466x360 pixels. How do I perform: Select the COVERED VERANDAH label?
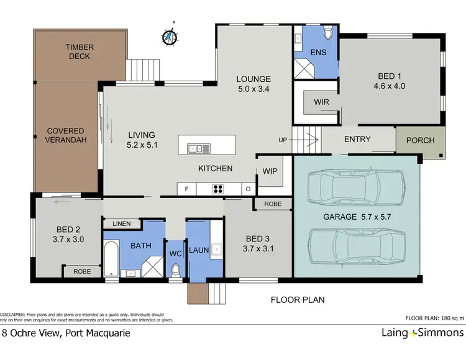pyautogui.click(x=65, y=135)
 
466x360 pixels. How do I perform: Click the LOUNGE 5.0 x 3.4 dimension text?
pyautogui.click(x=253, y=84)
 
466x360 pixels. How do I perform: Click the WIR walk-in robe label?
pyautogui.click(x=321, y=101)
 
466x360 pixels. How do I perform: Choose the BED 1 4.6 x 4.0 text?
pyautogui.click(x=391, y=81)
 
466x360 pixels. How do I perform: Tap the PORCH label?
pyautogui.click(x=420, y=140)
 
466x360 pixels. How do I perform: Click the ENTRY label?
pyautogui.click(x=357, y=139)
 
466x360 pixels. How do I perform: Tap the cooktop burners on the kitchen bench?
pyautogui.click(x=219, y=189)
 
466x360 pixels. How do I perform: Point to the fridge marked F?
pyautogui.click(x=185, y=189)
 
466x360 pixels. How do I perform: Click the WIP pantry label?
pyautogui.click(x=269, y=171)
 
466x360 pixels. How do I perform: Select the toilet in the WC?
pyautogui.click(x=176, y=270)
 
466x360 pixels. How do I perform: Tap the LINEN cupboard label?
pyautogui.click(x=122, y=224)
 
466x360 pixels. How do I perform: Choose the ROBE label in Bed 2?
pyautogui.click(x=82, y=271)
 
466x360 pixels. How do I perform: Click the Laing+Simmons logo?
pyautogui.click(x=423, y=333)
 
